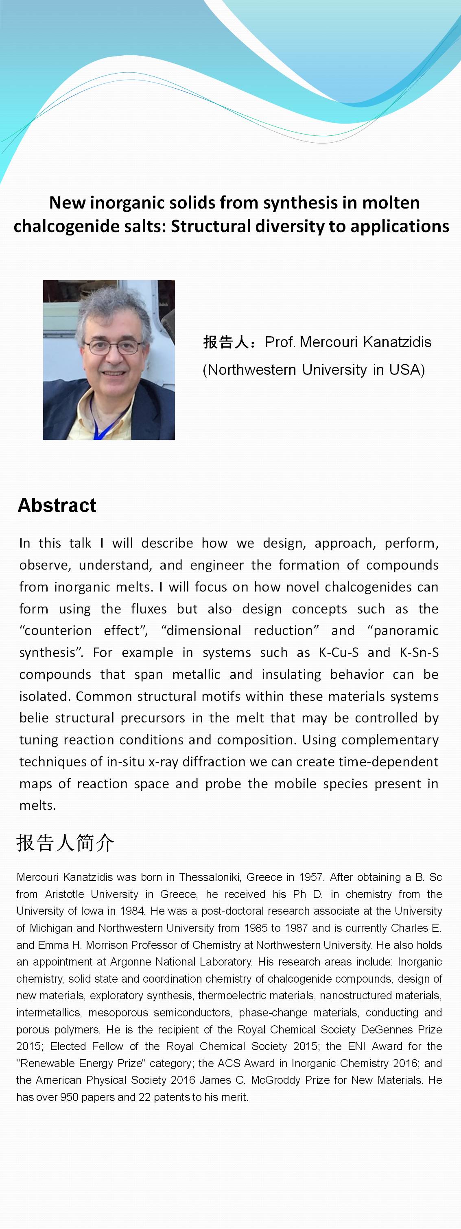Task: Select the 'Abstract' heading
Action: click(x=57, y=505)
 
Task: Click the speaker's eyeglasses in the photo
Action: click(x=113, y=346)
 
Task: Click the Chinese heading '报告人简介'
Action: click(x=65, y=843)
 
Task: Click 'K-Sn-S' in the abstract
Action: click(x=419, y=652)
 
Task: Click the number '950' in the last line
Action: click(x=69, y=1097)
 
